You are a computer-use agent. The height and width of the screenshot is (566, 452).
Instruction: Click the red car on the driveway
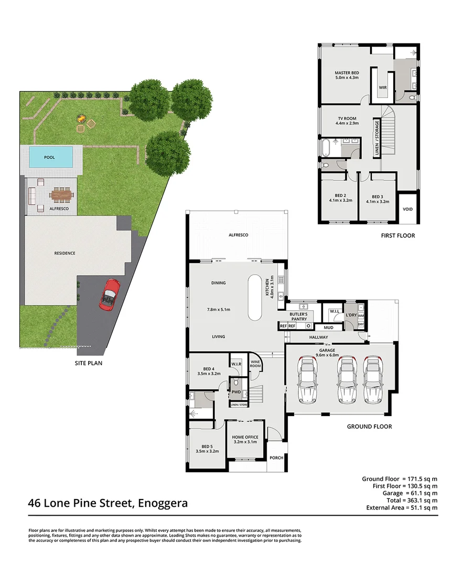point(110,295)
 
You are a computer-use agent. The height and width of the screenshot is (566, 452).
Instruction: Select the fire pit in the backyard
point(81,119)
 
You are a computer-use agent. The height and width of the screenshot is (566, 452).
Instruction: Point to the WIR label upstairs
point(383,88)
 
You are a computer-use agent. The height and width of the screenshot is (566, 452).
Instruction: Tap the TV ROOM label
point(347,118)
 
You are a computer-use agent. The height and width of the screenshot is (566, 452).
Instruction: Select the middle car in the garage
point(347,379)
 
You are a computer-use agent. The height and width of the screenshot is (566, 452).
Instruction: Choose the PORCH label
point(276,458)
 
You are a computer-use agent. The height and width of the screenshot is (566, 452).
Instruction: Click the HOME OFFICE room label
point(245,437)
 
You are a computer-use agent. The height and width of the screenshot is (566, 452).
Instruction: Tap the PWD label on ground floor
point(236,391)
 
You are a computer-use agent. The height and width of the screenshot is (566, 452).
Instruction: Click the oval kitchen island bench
point(256,297)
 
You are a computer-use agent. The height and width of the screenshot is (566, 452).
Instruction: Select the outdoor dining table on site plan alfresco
point(61,195)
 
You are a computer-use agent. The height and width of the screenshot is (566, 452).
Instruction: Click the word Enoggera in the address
point(163,504)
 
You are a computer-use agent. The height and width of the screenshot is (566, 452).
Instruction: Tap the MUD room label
point(329,328)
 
